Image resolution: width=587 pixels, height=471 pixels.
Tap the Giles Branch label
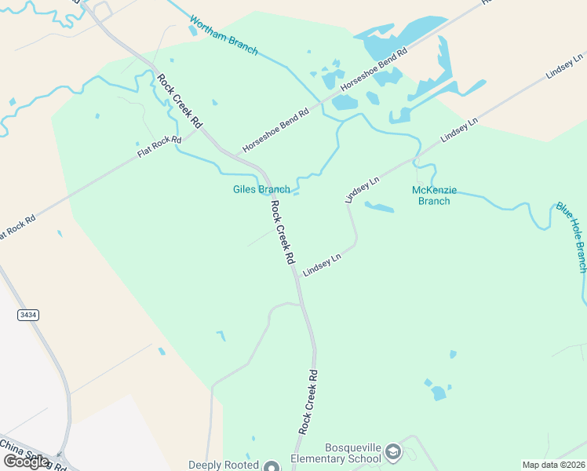tap(261, 189)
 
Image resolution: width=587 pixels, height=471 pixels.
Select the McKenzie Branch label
tap(434, 195)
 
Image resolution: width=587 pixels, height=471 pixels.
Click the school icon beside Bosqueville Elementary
tap(392, 452)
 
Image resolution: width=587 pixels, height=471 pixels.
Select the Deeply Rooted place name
tap(224, 465)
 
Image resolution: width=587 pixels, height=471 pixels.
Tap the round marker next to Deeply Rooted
tap(272, 466)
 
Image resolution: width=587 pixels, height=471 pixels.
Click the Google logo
tap(27, 462)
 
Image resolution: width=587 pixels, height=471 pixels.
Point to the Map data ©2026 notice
tap(553, 465)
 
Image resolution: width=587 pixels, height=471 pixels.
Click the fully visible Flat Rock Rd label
tap(159, 147)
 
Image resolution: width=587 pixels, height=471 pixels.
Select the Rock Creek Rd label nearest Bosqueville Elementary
tap(308, 402)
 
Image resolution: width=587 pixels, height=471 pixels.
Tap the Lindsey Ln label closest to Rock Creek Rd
tap(323, 263)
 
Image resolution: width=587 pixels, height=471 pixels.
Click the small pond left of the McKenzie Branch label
tap(380, 207)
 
